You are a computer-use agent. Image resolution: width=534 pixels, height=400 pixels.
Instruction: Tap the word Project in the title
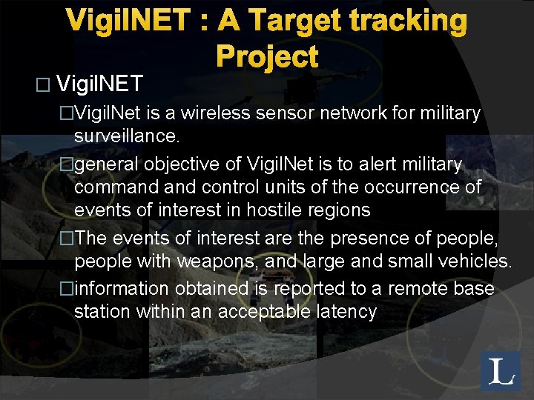267,57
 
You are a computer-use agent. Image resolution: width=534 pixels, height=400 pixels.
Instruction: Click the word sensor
296,113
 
